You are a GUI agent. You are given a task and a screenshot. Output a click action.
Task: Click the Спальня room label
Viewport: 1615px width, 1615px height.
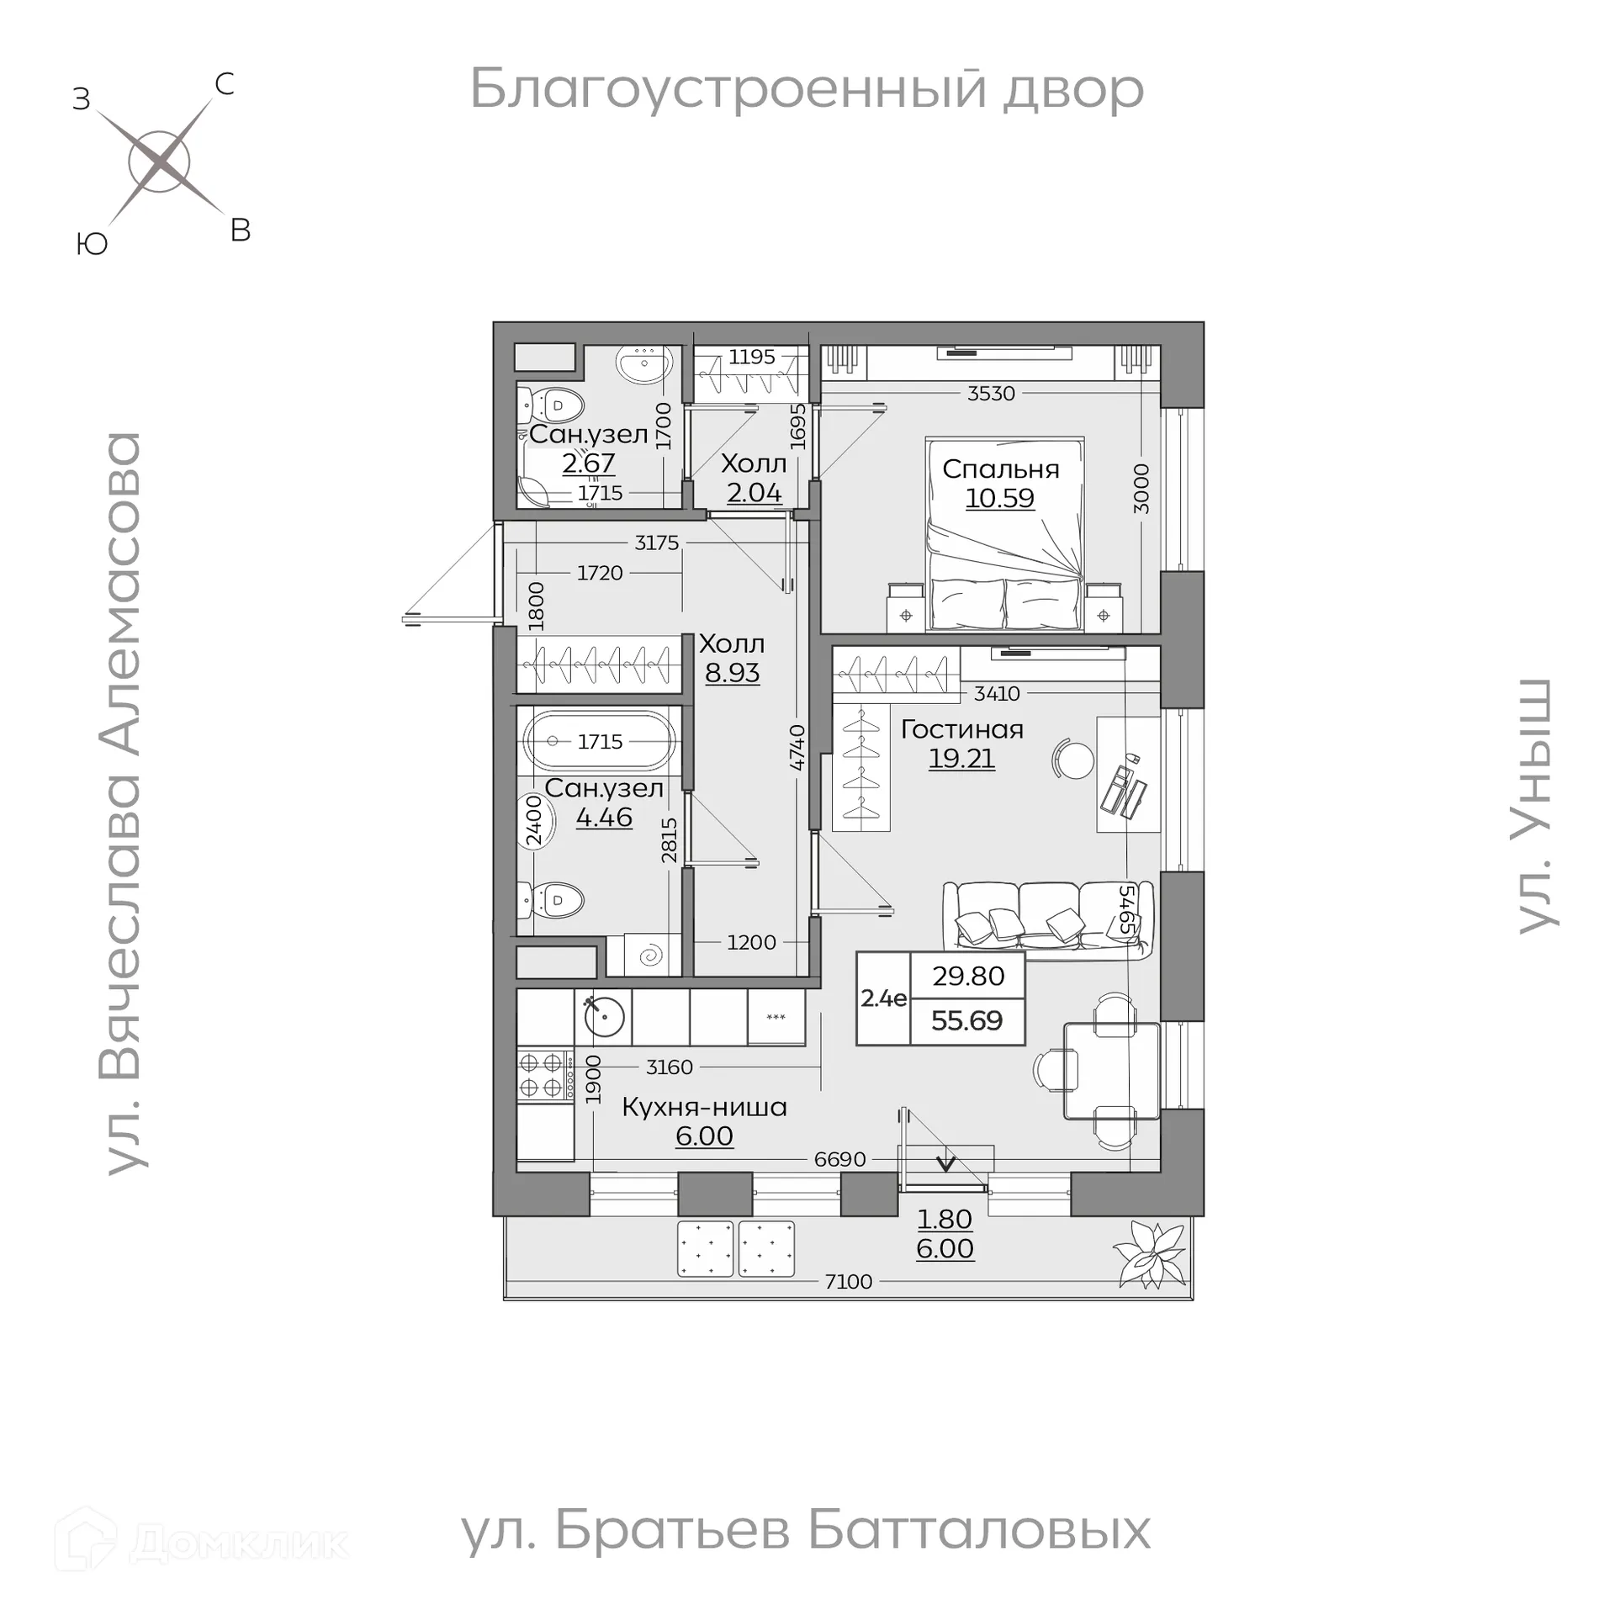coord(1000,469)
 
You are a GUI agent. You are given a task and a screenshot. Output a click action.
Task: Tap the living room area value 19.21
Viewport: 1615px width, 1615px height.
coord(961,758)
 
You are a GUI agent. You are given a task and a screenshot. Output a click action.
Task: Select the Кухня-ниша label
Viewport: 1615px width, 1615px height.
coord(704,1107)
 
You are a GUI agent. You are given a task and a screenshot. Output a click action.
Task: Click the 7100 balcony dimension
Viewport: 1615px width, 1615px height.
coord(848,1281)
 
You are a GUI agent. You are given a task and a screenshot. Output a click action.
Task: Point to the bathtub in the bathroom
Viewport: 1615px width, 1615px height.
coord(599,741)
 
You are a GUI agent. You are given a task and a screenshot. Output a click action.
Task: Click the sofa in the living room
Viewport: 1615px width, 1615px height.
coord(1047,920)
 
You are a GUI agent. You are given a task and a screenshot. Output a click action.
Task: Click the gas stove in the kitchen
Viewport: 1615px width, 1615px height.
coord(543,1074)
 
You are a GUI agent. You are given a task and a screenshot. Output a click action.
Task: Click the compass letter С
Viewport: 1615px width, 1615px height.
coord(225,84)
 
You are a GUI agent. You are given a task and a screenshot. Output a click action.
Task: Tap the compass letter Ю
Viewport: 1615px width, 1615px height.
coord(92,244)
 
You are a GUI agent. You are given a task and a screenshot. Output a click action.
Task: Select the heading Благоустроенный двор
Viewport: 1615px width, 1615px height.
coord(807,89)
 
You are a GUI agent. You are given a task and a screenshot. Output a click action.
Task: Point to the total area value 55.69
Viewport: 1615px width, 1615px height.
coord(966,1020)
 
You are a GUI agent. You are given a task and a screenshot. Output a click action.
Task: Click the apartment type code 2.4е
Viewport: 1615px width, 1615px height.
coord(883,998)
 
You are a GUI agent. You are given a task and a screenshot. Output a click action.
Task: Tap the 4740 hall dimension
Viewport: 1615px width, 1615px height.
coord(797,747)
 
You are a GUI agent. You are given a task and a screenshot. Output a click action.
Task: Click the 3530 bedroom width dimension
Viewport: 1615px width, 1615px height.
coord(991,393)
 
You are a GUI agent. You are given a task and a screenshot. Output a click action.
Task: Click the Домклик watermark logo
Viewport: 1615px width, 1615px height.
coord(202,1542)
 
